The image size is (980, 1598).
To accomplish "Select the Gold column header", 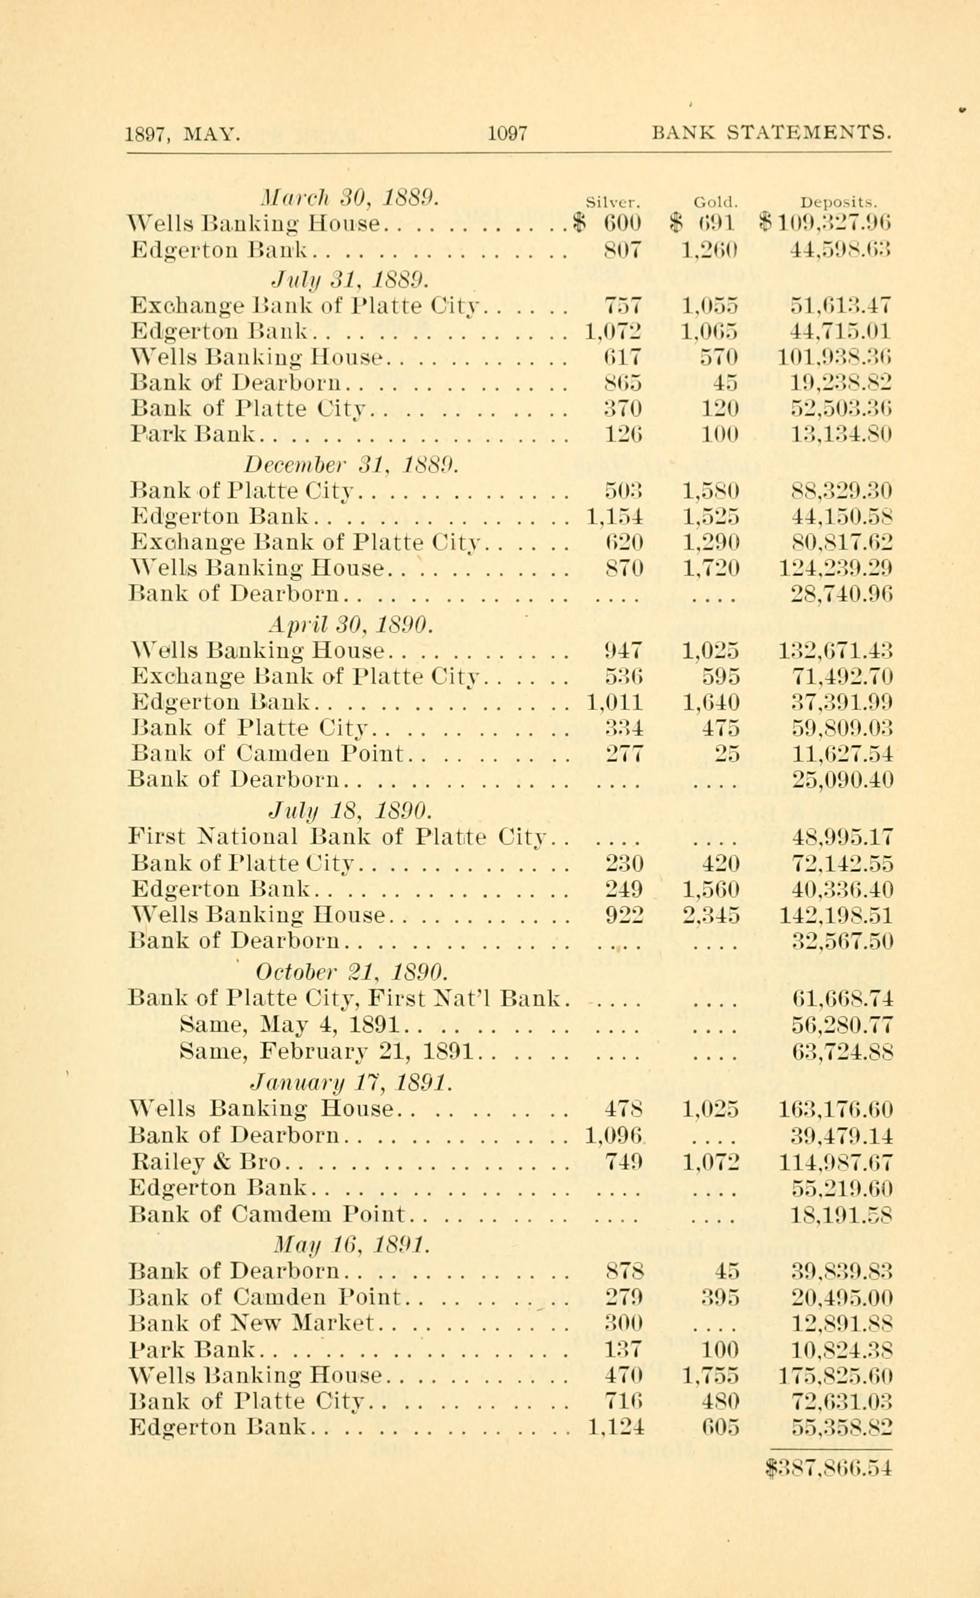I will [713, 202].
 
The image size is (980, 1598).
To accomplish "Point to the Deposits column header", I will [839, 202].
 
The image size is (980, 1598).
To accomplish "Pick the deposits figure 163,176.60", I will [835, 1110].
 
